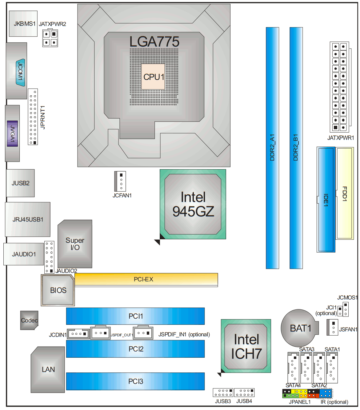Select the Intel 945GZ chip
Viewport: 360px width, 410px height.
[193, 204]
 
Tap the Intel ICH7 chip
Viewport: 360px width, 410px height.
[246, 346]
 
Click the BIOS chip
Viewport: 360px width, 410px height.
[58, 290]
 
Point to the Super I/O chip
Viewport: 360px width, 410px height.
[75, 244]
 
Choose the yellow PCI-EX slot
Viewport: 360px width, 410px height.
[146, 279]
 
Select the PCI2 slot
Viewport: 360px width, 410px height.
[135, 349]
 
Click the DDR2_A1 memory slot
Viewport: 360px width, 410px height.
[272, 148]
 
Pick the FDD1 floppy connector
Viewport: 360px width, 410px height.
[345, 193]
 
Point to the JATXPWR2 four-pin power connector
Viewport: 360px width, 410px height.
[50, 38]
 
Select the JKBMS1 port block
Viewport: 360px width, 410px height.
[23, 24]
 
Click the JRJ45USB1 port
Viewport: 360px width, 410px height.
[28, 219]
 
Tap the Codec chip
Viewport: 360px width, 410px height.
[29, 320]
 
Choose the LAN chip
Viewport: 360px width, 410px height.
[48, 369]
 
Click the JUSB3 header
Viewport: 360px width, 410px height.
[223, 392]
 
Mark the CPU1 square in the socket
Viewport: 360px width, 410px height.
[153, 77]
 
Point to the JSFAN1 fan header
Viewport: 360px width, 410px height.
[332, 327]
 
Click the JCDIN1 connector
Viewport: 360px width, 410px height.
[78, 334]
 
